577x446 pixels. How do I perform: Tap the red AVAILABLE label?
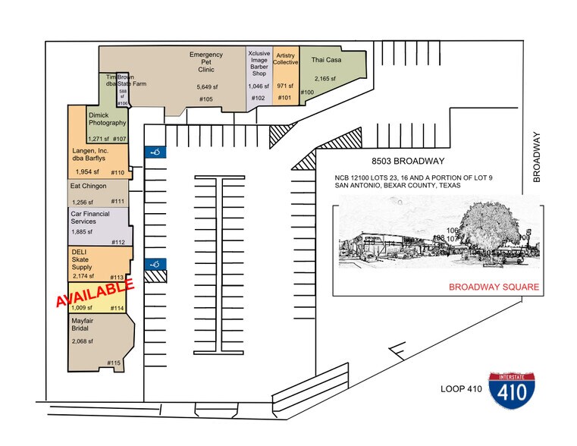[95, 292]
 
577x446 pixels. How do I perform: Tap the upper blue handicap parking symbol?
[155, 152]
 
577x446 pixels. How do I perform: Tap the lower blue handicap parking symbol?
[155, 264]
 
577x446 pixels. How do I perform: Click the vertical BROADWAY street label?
[536, 158]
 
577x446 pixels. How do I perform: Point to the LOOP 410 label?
[461, 389]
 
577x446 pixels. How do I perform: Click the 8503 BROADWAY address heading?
[407, 162]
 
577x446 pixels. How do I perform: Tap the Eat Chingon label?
[88, 185]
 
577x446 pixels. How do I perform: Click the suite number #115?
[114, 363]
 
